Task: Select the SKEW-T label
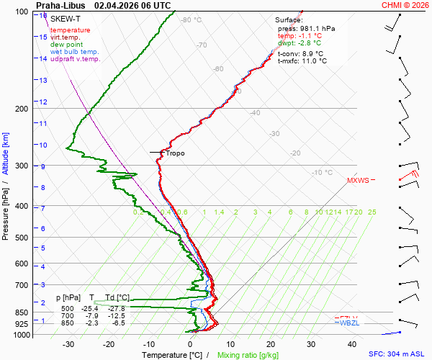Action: pos(65,19)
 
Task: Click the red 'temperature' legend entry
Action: pos(71,30)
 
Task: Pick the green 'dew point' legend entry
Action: pos(67,45)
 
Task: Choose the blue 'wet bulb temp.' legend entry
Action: pos(74,52)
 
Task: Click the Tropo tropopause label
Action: pos(175,153)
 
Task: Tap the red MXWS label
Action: pos(358,180)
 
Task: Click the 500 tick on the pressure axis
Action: pos(21,238)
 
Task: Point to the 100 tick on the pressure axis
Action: pos(21,12)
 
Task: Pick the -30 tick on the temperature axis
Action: pos(69,344)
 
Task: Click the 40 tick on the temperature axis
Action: pos(311,344)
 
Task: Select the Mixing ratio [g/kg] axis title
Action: pos(248,355)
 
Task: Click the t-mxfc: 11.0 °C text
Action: pos(302,61)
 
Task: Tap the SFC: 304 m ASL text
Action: pos(397,355)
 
